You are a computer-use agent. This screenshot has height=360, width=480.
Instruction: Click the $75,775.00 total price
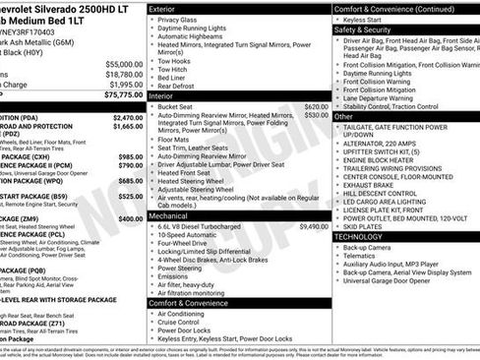click(122, 96)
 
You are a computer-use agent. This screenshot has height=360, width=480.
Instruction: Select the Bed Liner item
click(174, 78)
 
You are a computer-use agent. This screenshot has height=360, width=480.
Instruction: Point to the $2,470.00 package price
click(124, 116)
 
